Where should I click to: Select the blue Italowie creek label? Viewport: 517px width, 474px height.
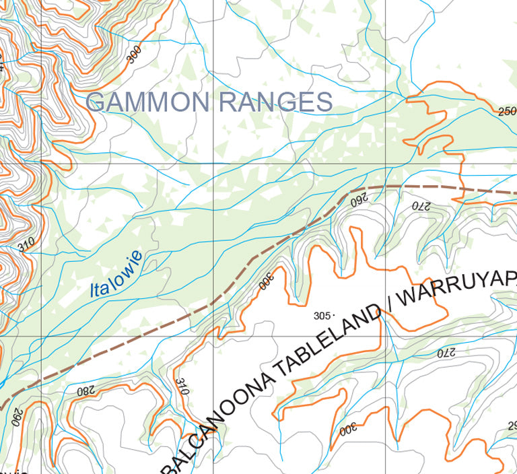(x=116, y=274)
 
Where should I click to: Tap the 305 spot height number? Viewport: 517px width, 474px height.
(x=322, y=315)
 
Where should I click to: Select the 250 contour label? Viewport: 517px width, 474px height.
(x=507, y=111)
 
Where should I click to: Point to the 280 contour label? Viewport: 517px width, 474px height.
(x=87, y=390)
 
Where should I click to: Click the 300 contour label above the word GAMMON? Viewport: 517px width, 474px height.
(x=135, y=56)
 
